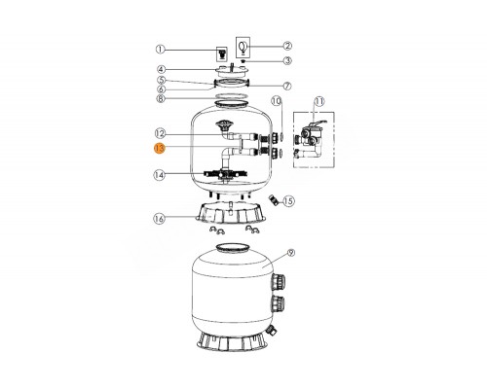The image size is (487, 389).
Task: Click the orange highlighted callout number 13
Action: tap(160, 148)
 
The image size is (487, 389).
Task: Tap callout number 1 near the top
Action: tap(160, 50)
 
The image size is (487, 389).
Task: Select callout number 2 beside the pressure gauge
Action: tap(287, 46)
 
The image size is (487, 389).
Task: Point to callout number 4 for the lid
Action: tap(162, 69)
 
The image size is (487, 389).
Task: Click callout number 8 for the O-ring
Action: tap(162, 98)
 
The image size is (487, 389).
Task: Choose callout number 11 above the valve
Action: tap(319, 101)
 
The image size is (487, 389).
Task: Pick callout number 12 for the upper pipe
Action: tap(160, 133)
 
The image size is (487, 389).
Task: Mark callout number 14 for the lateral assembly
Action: tap(160, 175)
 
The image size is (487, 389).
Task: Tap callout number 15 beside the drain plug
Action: tap(288, 201)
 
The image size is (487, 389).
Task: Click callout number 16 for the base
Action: tap(159, 219)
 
